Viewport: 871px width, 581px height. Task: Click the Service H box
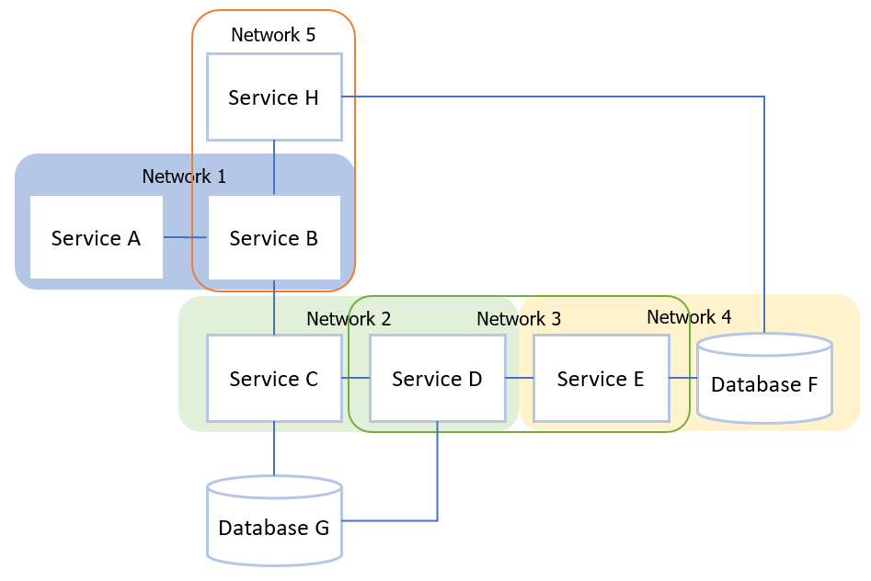click(x=274, y=97)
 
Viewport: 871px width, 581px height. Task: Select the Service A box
click(x=96, y=238)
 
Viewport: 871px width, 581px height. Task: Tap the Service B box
click(x=274, y=238)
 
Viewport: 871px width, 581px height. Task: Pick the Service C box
click(x=274, y=379)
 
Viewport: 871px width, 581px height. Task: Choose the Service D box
click(x=437, y=379)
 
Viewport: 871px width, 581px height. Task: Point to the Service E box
click(x=601, y=379)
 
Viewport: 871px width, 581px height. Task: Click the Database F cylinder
click(x=764, y=383)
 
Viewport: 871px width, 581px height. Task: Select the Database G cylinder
click(x=274, y=527)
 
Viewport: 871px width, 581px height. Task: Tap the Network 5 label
click(x=273, y=35)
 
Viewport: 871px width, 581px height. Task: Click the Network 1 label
click(x=184, y=176)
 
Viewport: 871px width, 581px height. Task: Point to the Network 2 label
click(x=349, y=319)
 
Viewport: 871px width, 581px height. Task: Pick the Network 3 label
click(x=519, y=319)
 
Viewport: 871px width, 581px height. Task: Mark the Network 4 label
click(x=689, y=317)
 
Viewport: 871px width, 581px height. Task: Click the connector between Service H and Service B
click(x=274, y=167)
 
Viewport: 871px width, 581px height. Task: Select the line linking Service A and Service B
click(x=185, y=238)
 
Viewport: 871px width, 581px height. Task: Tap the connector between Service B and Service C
click(x=274, y=307)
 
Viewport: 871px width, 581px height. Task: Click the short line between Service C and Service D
click(x=356, y=378)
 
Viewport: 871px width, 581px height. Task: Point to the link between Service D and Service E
click(x=520, y=378)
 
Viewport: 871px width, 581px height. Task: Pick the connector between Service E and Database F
click(x=683, y=378)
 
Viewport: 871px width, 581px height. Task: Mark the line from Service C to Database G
click(x=274, y=449)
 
